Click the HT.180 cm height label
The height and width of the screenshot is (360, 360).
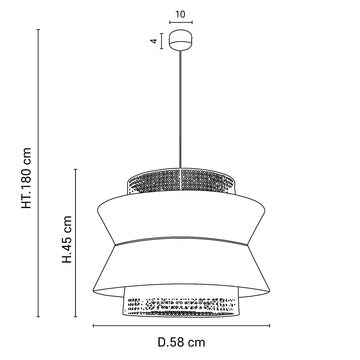(x=27, y=178)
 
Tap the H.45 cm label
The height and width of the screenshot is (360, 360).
(x=67, y=239)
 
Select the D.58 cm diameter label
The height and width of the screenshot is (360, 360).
(x=181, y=342)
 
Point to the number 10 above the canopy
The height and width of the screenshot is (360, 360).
(x=181, y=14)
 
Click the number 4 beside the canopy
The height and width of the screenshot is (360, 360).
(x=154, y=41)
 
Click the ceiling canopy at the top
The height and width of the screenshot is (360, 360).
(x=181, y=40)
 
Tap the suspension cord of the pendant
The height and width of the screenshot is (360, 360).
(x=181, y=109)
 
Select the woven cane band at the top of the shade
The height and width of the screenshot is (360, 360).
(x=181, y=181)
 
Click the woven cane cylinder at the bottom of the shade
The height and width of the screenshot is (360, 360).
(x=181, y=302)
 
